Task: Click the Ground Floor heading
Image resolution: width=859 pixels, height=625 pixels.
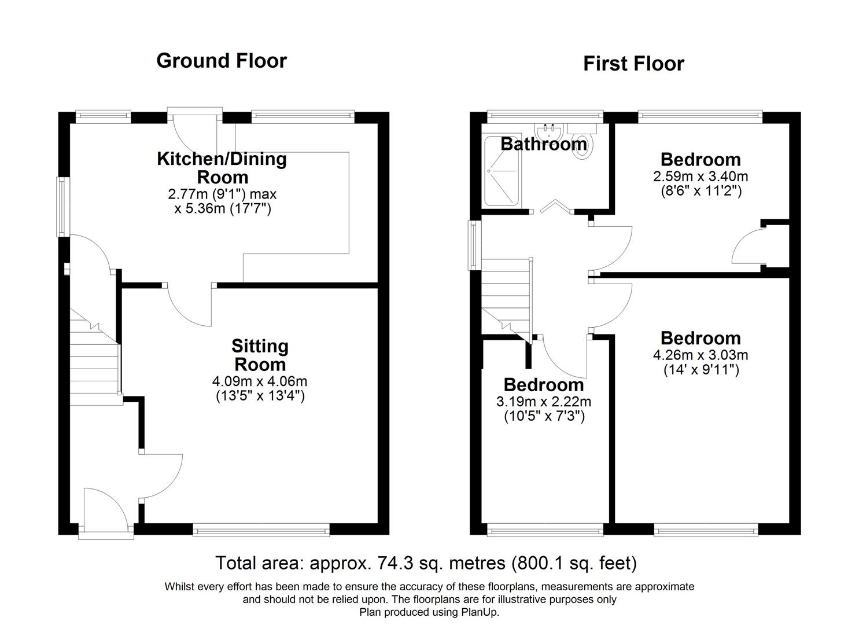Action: pyautogui.click(x=221, y=61)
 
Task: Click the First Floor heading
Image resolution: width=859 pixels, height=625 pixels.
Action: pyautogui.click(x=633, y=64)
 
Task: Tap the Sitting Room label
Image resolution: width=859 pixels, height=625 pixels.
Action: pyautogui.click(x=259, y=355)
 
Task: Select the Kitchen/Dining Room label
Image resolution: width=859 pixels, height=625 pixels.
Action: pyautogui.click(x=222, y=168)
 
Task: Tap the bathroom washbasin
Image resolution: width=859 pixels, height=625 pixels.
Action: pyautogui.click(x=549, y=130)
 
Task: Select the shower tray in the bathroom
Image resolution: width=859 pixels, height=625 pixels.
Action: pyautogui.click(x=502, y=171)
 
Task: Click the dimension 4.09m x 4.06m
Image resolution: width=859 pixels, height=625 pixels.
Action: pyautogui.click(x=260, y=381)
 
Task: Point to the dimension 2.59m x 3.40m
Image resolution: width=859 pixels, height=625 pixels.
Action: pyautogui.click(x=700, y=176)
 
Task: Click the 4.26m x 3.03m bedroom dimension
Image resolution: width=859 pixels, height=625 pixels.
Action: pyautogui.click(x=700, y=355)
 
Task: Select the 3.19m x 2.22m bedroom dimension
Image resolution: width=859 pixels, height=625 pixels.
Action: pyautogui.click(x=543, y=402)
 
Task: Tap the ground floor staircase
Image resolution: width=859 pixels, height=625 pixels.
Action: pyautogui.click(x=94, y=359)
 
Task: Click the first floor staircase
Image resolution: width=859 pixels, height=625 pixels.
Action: pyautogui.click(x=506, y=298)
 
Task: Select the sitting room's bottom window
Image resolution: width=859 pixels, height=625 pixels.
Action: pyautogui.click(x=261, y=528)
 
